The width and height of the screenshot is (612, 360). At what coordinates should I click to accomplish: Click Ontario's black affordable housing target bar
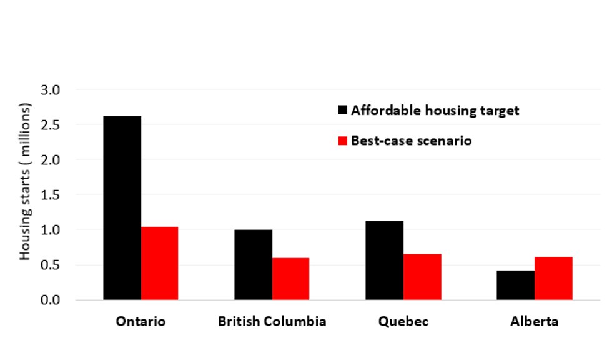pos(122,208)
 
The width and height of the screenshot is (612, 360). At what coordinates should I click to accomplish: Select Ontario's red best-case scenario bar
pos(160,263)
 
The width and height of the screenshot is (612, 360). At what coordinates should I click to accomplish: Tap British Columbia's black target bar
pos(254,265)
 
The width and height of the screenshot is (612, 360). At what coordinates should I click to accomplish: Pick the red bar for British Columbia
pos(291,279)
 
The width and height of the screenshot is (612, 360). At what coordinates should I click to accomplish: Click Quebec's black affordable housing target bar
pos(385,261)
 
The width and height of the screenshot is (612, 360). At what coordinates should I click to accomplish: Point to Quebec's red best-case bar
pos(422,277)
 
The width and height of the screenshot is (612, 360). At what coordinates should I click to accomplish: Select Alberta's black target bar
pos(516,285)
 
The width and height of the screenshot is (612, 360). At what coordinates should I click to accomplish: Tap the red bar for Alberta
pos(553,278)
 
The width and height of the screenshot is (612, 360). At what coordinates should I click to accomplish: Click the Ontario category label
pos(141,322)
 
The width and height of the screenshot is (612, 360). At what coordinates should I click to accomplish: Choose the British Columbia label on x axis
pos(272,322)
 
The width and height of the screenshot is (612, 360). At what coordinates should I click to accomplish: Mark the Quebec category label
pos(403,322)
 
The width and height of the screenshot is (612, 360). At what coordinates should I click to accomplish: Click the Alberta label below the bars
pos(534,322)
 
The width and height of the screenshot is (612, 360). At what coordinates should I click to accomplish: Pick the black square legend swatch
pos(342,111)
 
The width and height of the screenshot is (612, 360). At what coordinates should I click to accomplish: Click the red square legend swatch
pos(342,141)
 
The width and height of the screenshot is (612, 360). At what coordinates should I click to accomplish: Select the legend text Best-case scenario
pos(411,141)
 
